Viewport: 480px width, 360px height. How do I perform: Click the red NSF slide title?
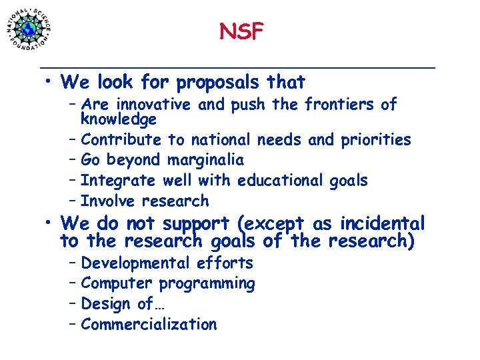(x=241, y=31)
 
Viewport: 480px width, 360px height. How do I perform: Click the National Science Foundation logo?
(x=29, y=28)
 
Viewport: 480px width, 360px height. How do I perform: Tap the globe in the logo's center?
(x=29, y=29)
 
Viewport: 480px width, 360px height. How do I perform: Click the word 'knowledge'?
(x=118, y=119)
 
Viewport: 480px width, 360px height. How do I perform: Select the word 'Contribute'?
(x=121, y=140)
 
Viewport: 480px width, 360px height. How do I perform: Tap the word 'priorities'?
(x=376, y=140)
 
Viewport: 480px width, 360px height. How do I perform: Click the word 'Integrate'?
(x=117, y=181)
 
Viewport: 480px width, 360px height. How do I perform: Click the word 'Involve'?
(x=107, y=201)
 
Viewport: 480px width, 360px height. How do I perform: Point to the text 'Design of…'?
(x=117, y=304)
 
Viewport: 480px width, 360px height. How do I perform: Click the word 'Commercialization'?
(x=149, y=325)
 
